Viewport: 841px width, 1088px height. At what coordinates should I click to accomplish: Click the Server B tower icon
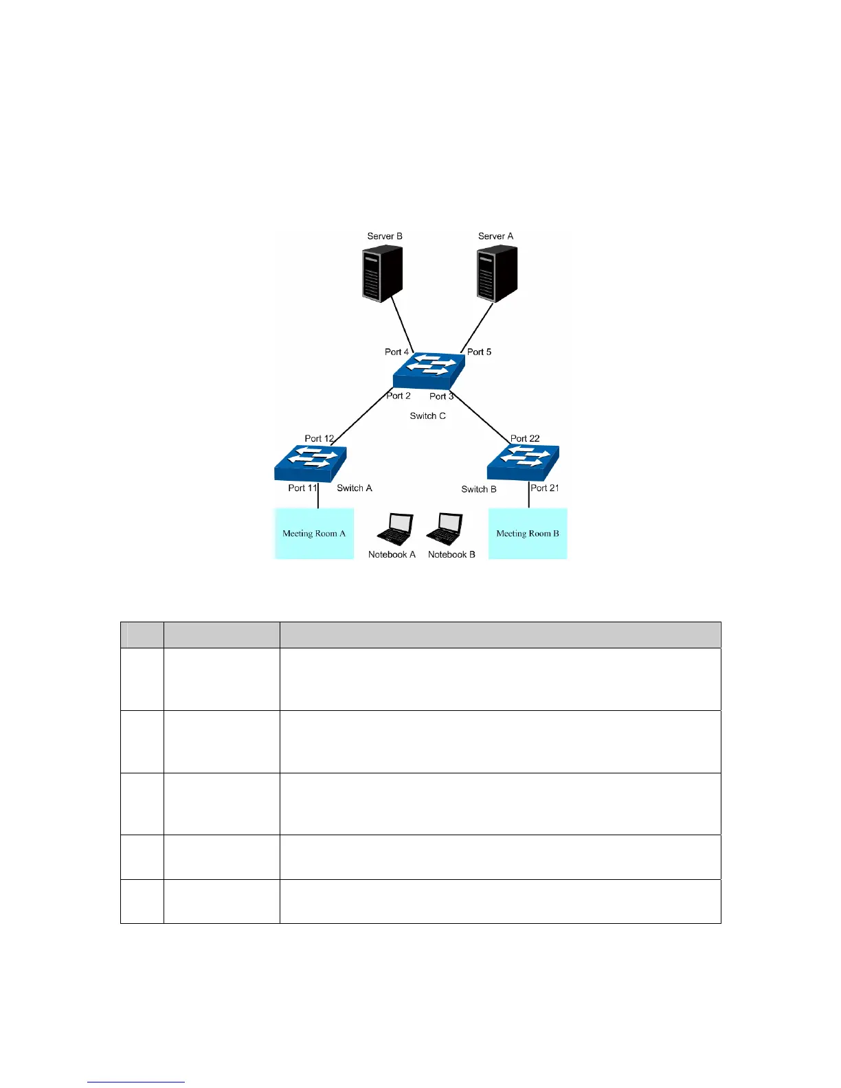[382, 274]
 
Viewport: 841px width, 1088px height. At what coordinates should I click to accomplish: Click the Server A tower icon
[497, 274]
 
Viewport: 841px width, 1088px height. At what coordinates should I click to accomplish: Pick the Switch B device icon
[523, 464]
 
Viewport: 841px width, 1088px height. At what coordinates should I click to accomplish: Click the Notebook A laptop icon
[395, 530]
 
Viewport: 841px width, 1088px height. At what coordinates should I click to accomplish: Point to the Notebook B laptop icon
[445, 530]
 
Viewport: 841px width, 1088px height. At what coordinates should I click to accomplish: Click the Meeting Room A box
[314, 534]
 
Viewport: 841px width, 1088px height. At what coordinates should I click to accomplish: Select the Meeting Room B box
[528, 534]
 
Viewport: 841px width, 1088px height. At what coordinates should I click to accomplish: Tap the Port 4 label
[396, 352]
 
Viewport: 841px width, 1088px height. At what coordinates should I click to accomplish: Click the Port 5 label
[479, 352]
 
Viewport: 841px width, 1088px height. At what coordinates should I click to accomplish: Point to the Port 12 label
[319, 438]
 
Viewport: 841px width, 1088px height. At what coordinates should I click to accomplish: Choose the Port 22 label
[525, 438]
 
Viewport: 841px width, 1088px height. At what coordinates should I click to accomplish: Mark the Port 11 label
[302, 488]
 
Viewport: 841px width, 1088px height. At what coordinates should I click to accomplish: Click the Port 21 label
[545, 488]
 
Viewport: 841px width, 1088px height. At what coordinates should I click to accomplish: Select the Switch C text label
[427, 416]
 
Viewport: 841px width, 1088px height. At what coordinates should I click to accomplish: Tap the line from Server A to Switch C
[477, 328]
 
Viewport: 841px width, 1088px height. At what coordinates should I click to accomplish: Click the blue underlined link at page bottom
[136, 1082]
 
